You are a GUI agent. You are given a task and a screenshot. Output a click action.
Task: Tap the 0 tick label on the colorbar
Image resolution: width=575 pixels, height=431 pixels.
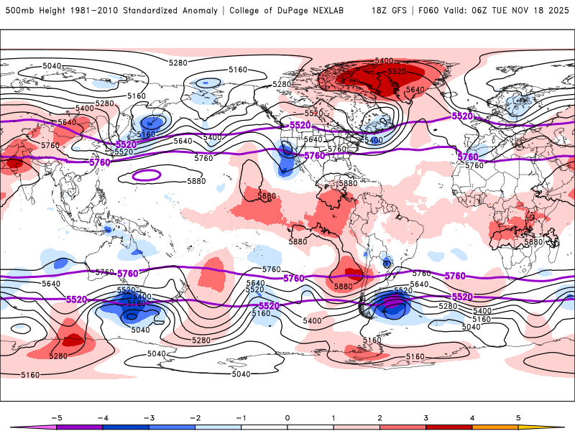287,417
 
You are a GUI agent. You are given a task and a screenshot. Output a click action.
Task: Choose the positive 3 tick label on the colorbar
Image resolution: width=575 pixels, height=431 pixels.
426,417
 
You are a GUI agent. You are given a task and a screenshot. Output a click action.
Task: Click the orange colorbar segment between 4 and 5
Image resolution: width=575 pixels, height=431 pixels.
495,427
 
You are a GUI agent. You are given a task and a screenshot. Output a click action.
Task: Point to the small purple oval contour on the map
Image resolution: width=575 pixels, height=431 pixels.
147,175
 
